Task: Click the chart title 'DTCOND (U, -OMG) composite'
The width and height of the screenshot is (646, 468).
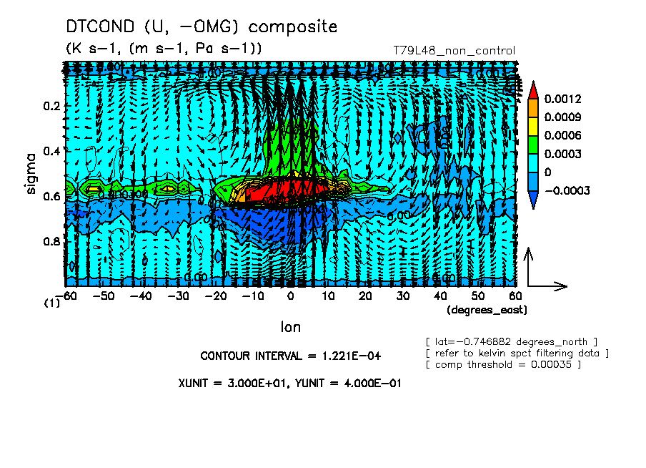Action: [x=201, y=27]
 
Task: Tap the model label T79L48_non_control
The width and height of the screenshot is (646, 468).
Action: [x=454, y=51]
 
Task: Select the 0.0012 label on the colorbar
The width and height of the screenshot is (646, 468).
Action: [x=562, y=98]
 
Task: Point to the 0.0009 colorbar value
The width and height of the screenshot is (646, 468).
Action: [x=562, y=117]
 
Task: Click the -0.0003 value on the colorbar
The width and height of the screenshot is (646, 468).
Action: [x=566, y=191]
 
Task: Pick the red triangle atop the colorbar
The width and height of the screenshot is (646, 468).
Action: [x=532, y=89]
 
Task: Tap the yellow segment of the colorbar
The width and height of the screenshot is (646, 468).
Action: [x=532, y=126]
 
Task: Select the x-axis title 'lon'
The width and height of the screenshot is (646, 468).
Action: [x=290, y=327]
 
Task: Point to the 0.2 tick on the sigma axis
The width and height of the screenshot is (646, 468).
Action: [x=51, y=106]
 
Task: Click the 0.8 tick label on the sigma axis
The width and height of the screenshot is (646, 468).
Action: [x=51, y=241]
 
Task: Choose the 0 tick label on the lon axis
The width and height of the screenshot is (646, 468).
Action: [x=290, y=296]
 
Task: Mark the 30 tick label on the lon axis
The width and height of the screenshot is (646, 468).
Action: [x=402, y=296]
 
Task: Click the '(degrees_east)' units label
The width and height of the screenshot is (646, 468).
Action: [x=486, y=310]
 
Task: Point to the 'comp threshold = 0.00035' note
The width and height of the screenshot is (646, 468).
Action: [x=503, y=365]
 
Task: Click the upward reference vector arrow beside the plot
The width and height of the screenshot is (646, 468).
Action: [x=527, y=266]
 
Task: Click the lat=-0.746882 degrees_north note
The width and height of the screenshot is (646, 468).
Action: [x=511, y=341]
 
